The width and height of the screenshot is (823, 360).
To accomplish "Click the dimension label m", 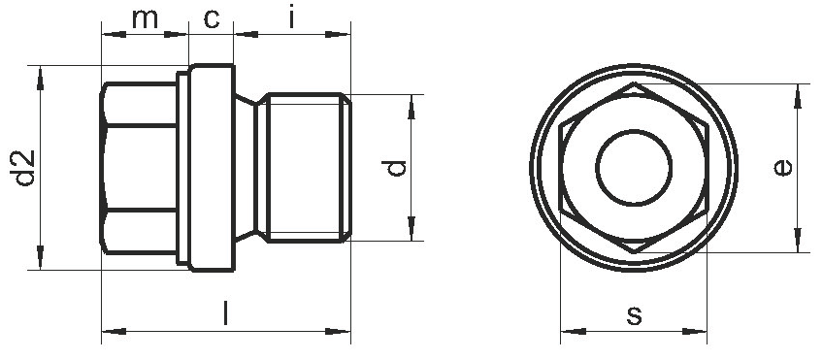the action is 145,18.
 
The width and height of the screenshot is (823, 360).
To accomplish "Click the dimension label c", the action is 211,18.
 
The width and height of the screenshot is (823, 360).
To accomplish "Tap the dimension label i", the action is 291,17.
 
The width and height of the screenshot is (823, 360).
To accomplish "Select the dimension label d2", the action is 24,168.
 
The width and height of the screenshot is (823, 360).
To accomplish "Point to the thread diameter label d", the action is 395,169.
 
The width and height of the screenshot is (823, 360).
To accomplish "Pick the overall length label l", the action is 226,312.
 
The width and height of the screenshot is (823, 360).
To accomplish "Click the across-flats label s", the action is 635,315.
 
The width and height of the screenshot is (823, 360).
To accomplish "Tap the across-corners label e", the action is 782,168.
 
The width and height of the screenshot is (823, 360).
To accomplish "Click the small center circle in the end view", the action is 634,168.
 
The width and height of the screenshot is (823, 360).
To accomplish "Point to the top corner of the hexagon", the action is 634,82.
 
